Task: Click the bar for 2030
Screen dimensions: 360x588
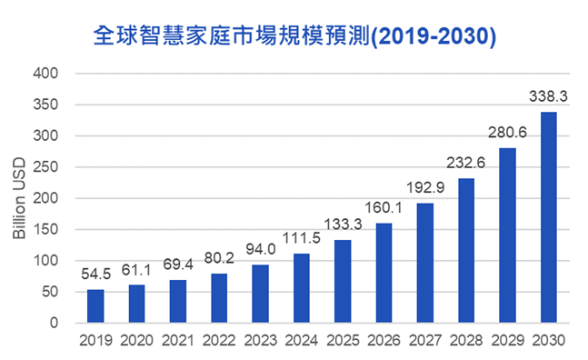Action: coord(549,217)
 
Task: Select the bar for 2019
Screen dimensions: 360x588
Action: coord(95,305)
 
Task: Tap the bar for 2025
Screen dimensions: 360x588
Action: coord(343,281)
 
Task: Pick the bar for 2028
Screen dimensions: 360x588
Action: coord(466,250)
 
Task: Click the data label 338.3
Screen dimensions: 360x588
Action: coord(549,95)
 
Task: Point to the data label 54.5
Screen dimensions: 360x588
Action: coord(95,273)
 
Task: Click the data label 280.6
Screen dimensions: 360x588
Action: coord(508,131)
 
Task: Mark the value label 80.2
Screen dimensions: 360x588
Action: coord(219,257)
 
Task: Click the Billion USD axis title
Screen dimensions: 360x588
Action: coord(18,198)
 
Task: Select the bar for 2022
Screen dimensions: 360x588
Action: coord(219,298)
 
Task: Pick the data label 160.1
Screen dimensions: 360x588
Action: coord(384,206)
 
